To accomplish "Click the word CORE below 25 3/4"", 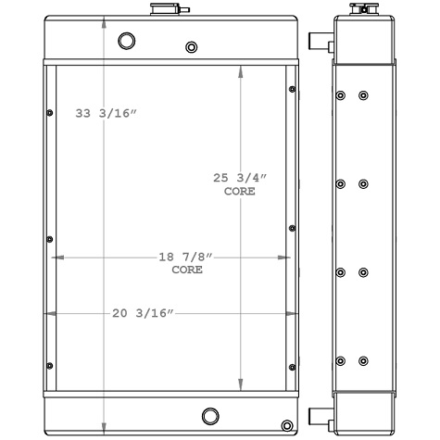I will pyautogui.click(x=241, y=191).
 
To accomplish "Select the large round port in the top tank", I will pyautogui.click(x=126, y=41).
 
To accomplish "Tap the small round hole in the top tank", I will pyautogui.click(x=191, y=47).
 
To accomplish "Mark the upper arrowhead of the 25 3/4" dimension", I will pyautogui.click(x=241, y=71).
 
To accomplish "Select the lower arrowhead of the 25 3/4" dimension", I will pyautogui.click(x=241, y=384).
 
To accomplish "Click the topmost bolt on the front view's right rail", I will pyautogui.click(x=293, y=90).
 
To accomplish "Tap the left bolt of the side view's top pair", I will pyautogui.click(x=342, y=96).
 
